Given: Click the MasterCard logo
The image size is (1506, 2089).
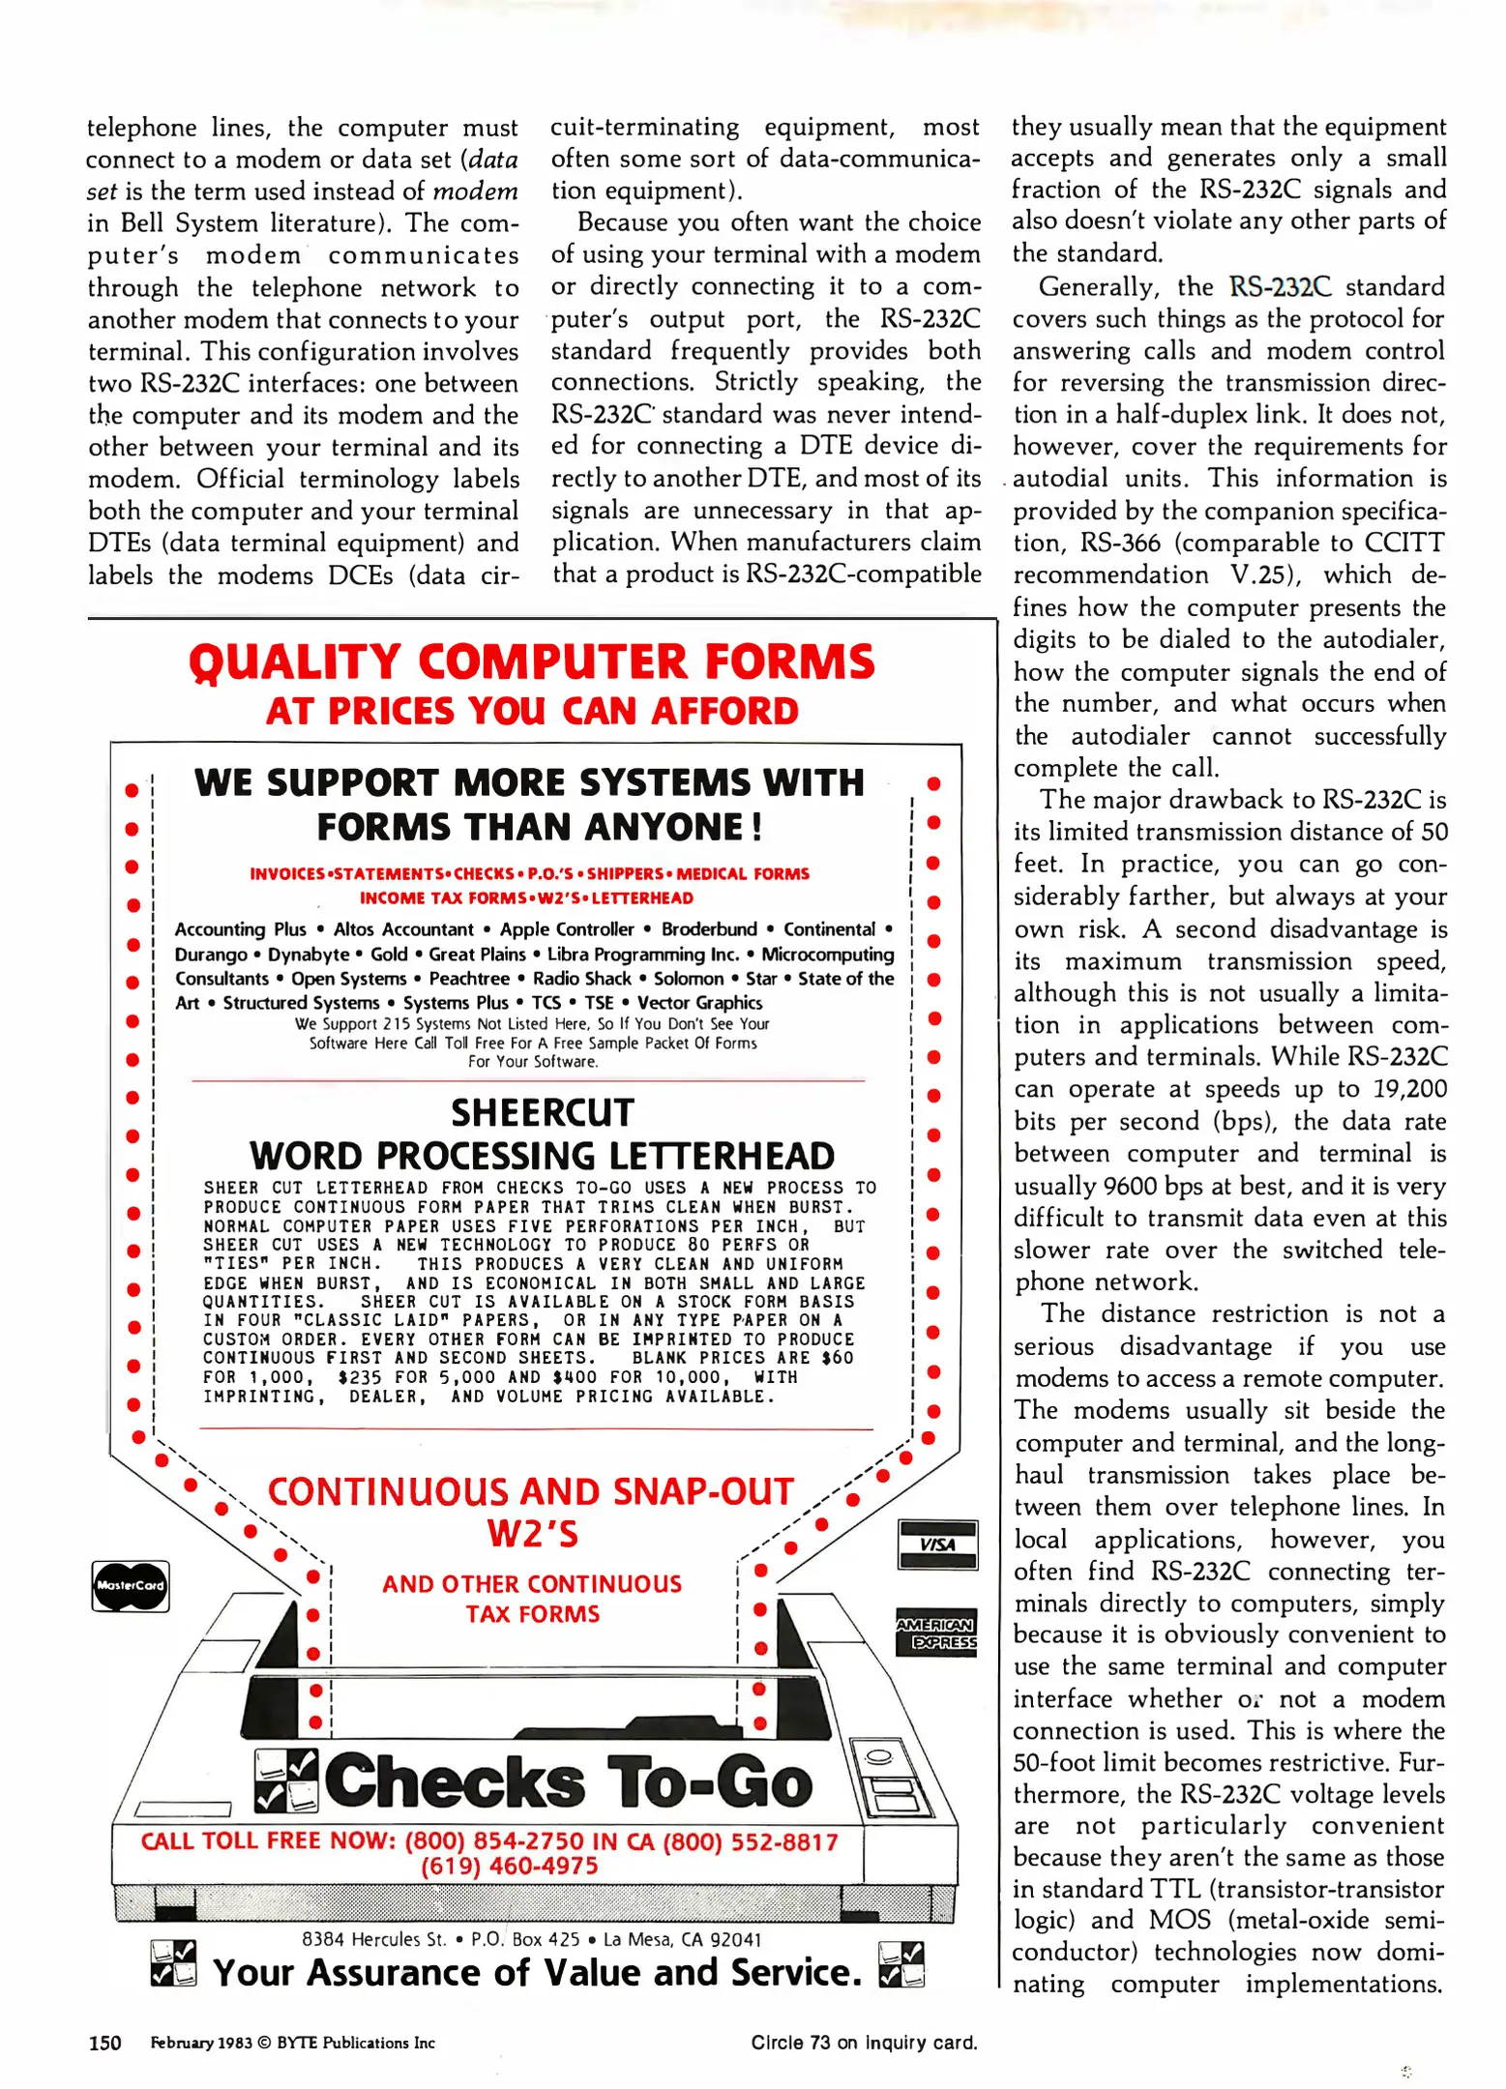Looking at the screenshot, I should click(x=131, y=1585).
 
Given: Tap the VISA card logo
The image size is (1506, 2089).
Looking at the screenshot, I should click(x=937, y=1545).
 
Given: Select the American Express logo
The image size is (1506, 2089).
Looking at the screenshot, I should click(x=936, y=1633).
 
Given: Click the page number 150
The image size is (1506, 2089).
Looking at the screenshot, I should click(x=104, y=2043).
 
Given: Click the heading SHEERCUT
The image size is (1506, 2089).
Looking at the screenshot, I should click(x=542, y=1112).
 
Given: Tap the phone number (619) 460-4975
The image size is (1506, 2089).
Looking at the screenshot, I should click(x=509, y=1866).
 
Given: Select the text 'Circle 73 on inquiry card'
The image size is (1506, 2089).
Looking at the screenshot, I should click(x=864, y=2043).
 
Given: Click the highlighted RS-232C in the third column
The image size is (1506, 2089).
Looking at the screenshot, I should click(x=1280, y=287).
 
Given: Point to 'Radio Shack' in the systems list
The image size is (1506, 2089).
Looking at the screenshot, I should click(x=581, y=979).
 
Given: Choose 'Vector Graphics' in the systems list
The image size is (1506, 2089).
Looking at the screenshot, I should click(x=699, y=1003).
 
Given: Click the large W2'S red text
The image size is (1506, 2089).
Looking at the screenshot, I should click(x=532, y=1534).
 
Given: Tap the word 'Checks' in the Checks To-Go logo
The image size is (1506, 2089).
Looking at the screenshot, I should click(x=455, y=1781).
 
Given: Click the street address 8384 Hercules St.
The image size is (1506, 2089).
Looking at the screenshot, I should click(x=374, y=1939).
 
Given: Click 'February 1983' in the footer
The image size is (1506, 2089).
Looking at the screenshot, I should click(x=200, y=2043).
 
